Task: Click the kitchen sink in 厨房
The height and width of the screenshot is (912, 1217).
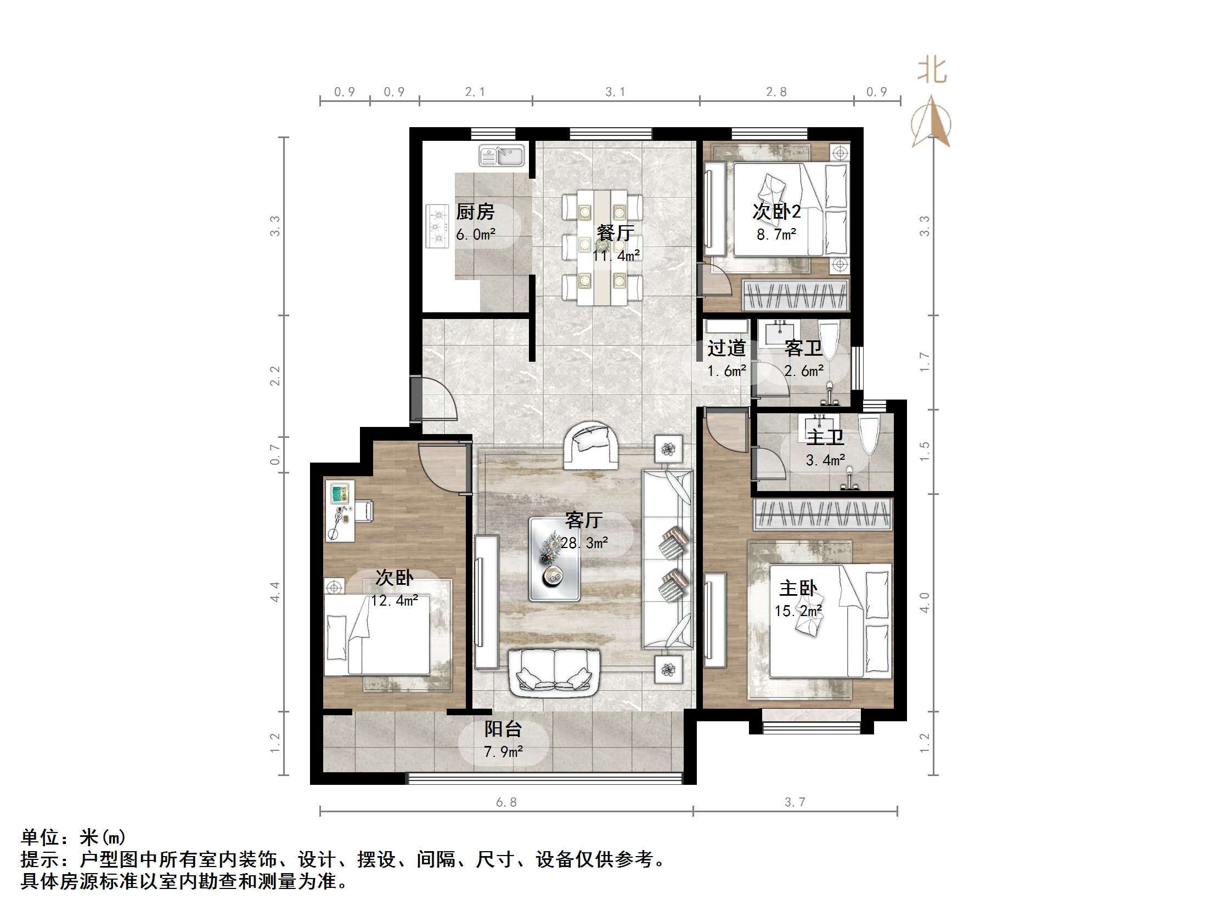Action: point(502,155)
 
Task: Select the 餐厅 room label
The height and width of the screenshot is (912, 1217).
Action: point(616,233)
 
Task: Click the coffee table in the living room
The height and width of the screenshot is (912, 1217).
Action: point(554,558)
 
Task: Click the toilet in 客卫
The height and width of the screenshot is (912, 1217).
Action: point(828,339)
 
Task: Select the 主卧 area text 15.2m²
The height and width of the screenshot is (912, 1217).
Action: point(798,611)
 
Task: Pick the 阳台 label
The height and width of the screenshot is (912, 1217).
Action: point(503,729)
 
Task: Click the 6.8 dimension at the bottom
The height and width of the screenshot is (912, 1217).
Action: point(506,802)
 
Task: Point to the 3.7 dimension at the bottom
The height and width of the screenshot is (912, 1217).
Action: point(795,802)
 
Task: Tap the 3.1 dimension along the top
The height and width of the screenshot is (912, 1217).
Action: point(615,92)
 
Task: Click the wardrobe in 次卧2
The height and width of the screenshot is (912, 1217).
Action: point(796,296)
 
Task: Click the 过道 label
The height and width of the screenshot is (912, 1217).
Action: point(726,348)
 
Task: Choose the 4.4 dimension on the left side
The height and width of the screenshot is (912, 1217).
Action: point(275,591)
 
